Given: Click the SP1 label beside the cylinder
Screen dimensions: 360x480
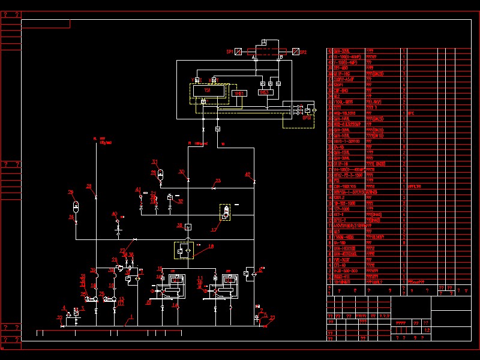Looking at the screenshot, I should (x=229, y=52).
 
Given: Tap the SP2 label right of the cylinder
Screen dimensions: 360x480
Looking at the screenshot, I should (x=303, y=52).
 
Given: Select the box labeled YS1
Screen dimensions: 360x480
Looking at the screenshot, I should (x=208, y=90).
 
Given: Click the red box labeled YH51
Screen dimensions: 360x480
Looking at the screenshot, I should (x=239, y=94).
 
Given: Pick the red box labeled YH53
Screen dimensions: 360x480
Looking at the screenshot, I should (x=264, y=92).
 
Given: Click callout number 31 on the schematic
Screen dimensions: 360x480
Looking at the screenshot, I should (x=154, y=162).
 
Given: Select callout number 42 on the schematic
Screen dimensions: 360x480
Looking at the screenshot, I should (x=247, y=174).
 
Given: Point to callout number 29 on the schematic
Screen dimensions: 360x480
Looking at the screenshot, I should (x=71, y=192).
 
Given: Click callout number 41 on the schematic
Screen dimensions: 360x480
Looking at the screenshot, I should (x=138, y=190).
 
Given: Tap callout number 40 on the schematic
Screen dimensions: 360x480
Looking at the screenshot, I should (x=114, y=214).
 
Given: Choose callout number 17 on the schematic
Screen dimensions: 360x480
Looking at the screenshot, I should (x=214, y=229).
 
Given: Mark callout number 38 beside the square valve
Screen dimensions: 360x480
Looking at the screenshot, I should (x=179, y=225).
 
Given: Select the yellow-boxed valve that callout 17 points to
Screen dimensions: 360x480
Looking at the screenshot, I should (x=226, y=212).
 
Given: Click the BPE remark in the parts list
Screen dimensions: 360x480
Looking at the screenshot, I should (x=411, y=112).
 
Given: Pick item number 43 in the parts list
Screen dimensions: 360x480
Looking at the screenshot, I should (x=330, y=51).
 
